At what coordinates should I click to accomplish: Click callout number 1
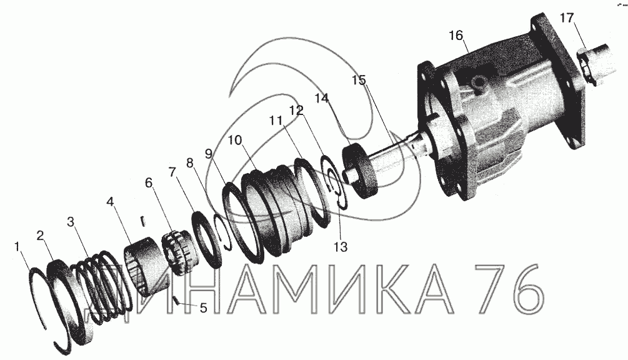click(x=17, y=247)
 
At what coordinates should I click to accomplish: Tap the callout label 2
click(x=40, y=236)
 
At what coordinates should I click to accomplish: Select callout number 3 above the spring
click(x=71, y=222)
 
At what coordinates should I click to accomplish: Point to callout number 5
click(x=204, y=308)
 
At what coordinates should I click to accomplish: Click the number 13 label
click(x=341, y=247)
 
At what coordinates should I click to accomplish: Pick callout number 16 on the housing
click(x=456, y=36)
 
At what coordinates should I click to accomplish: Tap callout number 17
click(x=567, y=18)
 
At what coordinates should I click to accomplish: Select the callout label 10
click(x=236, y=140)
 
